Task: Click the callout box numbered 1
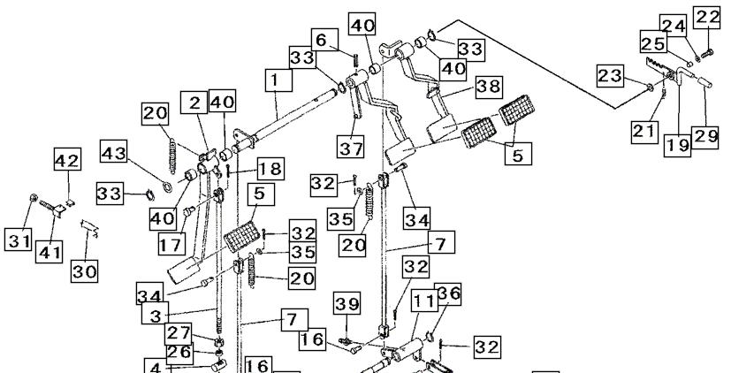tap(278, 80)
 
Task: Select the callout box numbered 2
tap(194, 103)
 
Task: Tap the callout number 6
tap(321, 40)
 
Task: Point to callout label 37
tap(351, 148)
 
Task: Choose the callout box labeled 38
tap(489, 87)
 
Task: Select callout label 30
tap(84, 270)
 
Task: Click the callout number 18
tap(270, 169)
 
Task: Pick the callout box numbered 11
tap(424, 301)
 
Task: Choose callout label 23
tap(610, 75)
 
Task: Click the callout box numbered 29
tap(704, 137)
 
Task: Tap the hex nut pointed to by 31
tap(34, 198)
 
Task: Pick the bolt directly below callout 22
tap(706, 53)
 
